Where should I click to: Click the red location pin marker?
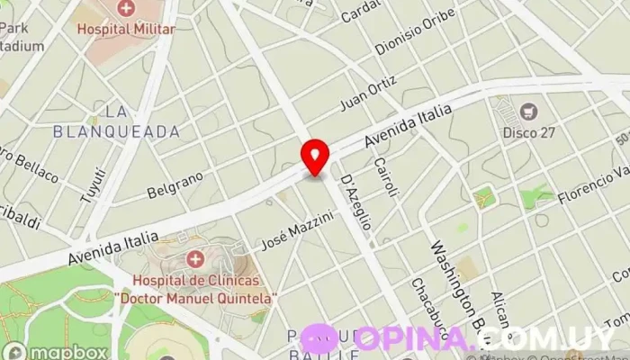click(314, 156)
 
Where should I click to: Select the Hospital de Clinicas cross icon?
click(194, 261)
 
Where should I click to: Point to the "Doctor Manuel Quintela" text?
click(195, 297)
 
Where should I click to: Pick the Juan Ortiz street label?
click(369, 94)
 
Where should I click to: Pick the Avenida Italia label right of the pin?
click(405, 131)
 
